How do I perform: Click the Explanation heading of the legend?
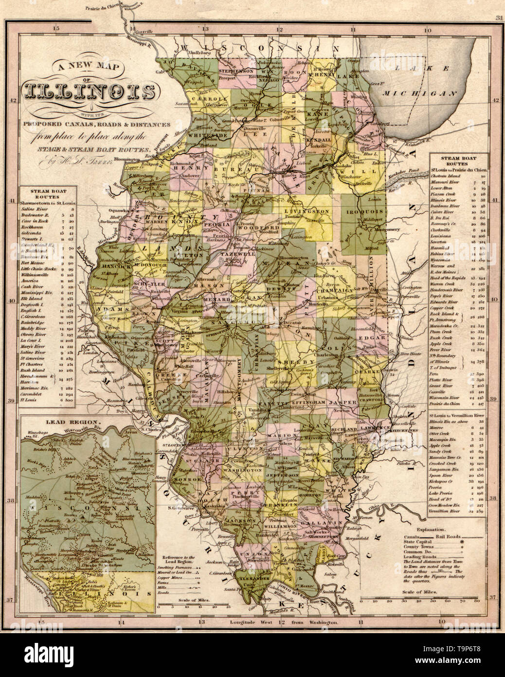[x=426, y=528]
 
